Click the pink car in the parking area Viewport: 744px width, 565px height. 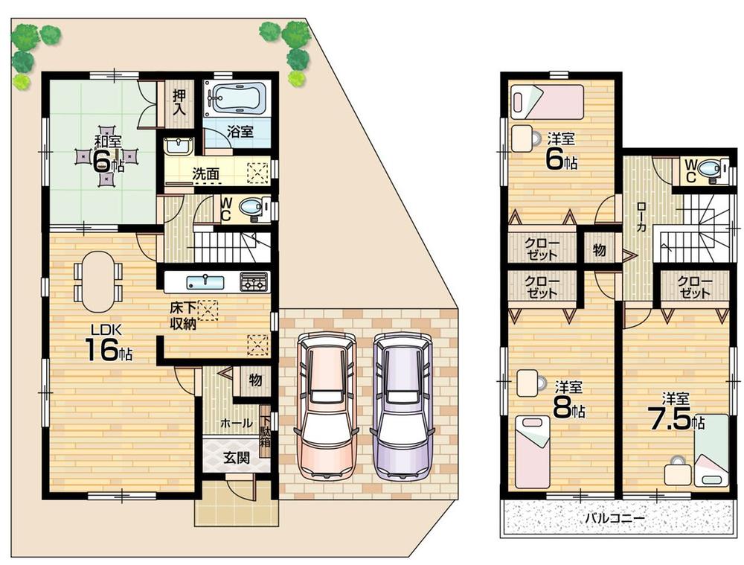click(324, 406)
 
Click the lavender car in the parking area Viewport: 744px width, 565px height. click(403, 406)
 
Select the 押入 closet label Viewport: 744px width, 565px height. click(179, 102)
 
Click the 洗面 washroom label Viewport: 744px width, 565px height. click(205, 173)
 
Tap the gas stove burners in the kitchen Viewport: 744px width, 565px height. click(253, 282)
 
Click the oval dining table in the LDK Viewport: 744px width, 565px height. click(98, 281)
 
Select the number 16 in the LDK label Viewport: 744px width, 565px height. click(99, 350)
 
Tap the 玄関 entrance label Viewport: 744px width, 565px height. click(237, 458)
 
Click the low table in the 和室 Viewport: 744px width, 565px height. click(108, 159)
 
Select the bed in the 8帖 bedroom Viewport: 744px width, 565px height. click(531, 451)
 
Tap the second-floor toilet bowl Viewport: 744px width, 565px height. click(712, 170)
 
